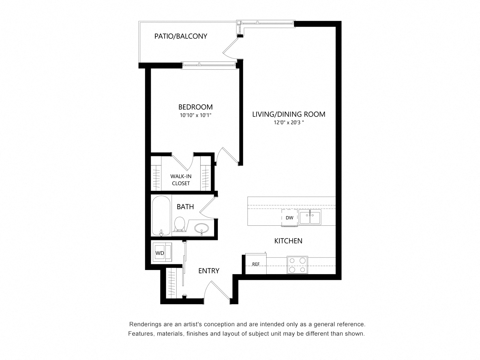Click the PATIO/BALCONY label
pyautogui.click(x=181, y=36)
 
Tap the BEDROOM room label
pyautogui.click(x=195, y=107)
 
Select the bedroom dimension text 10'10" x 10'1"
pyautogui.click(x=195, y=115)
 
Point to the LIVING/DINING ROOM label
pyautogui.click(x=288, y=114)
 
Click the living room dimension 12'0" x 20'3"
pyautogui.click(x=288, y=123)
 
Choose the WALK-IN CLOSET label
pyautogui.click(x=181, y=180)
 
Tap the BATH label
pyautogui.click(x=185, y=207)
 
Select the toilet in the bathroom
pyautogui.click(x=180, y=224)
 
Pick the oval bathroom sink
pyautogui.click(x=202, y=228)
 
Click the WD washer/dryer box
pyautogui.click(x=160, y=253)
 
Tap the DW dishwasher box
pyautogui.click(x=289, y=218)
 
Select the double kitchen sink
pyautogui.click(x=310, y=217)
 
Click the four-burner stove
pyautogui.click(x=297, y=265)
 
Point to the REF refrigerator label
pyautogui.click(x=256, y=264)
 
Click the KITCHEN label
pyautogui.click(x=288, y=241)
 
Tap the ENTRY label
pyautogui.click(x=208, y=271)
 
